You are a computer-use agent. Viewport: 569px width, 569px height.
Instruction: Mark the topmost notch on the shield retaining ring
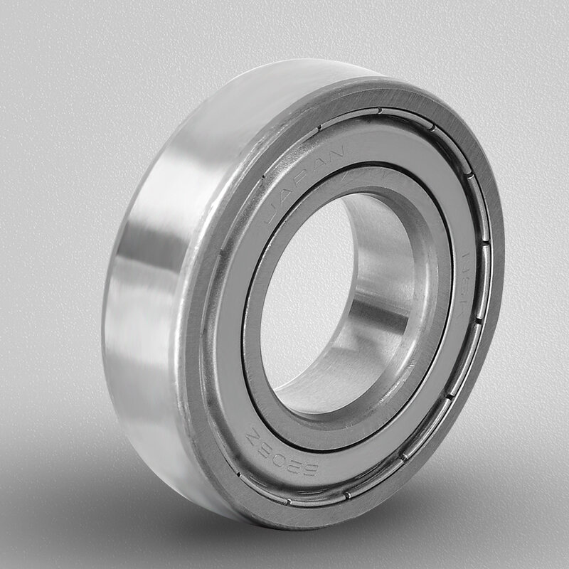380,110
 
